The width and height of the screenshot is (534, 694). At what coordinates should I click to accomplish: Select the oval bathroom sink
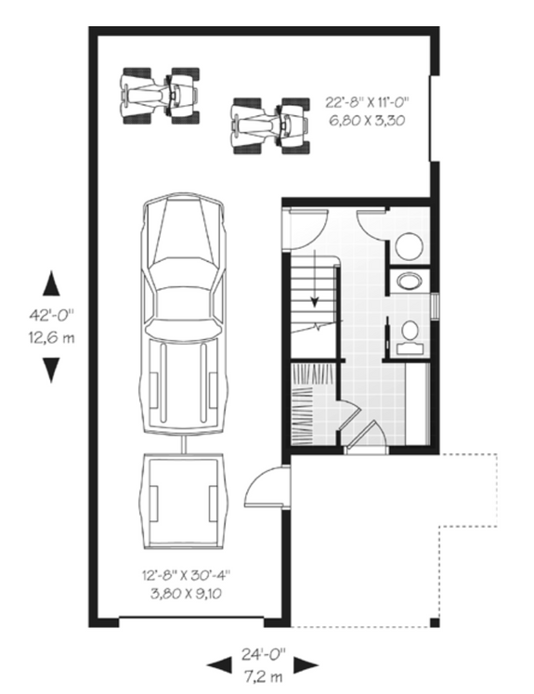click(x=407, y=281)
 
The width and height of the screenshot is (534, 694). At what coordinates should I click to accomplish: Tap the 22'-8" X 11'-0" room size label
click(x=367, y=102)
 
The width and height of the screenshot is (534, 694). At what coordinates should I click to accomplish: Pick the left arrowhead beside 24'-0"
click(x=219, y=664)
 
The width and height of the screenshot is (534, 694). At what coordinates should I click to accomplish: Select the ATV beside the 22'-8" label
click(x=269, y=123)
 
